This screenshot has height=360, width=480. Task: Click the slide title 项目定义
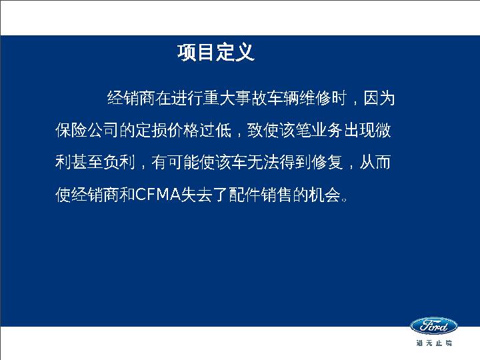pos(216,53)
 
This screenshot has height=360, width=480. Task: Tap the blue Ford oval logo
pos(433,326)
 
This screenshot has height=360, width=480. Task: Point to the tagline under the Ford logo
pos(433,343)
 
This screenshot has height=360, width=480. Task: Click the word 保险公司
pos(87,131)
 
